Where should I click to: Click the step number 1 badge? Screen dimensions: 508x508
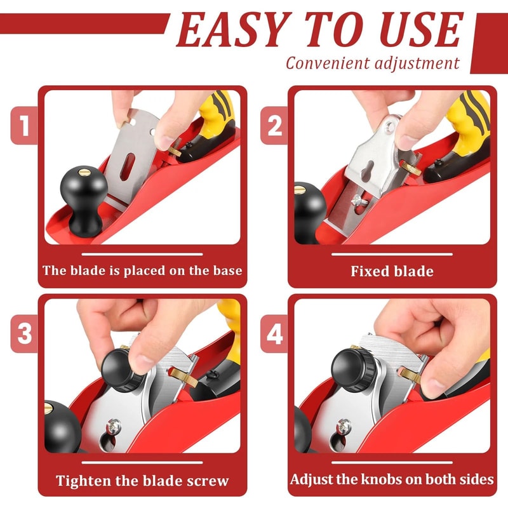point(25,126)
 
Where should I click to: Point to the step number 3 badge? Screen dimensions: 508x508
point(25,334)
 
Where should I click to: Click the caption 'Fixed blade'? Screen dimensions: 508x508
point(392,271)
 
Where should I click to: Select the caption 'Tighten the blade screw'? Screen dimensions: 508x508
point(142,480)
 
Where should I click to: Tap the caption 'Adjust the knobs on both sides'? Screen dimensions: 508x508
point(392,479)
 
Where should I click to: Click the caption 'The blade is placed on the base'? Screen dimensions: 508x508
point(142,271)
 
